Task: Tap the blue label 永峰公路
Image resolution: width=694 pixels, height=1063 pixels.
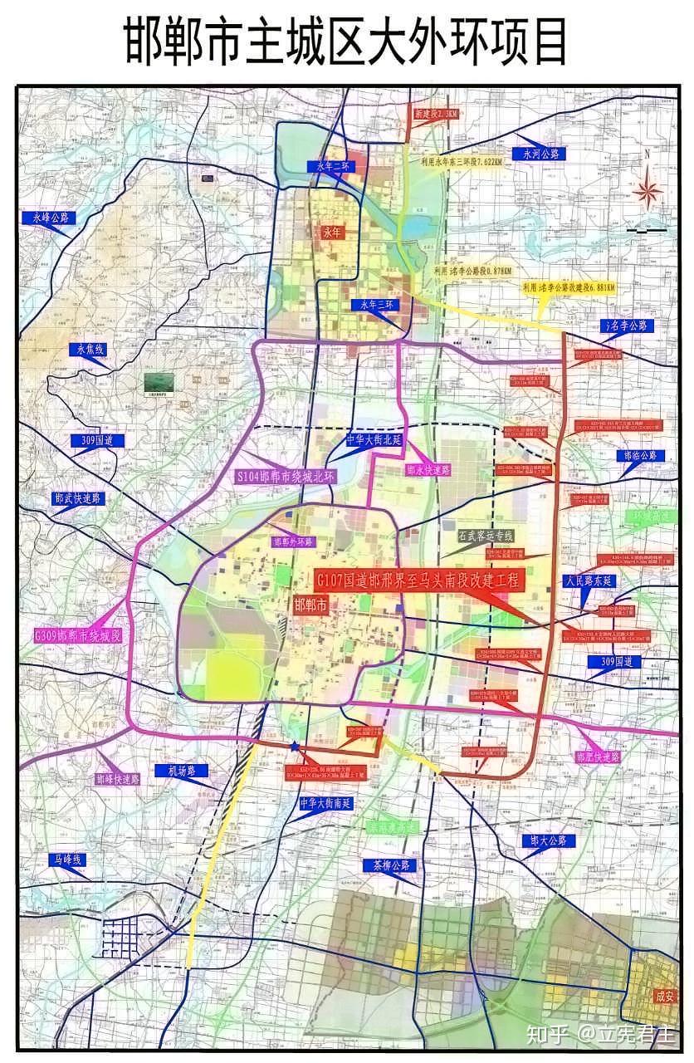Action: coord(50,218)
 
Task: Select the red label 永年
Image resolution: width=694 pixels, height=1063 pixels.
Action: coord(332,232)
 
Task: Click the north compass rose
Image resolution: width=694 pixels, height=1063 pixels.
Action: coord(647,190)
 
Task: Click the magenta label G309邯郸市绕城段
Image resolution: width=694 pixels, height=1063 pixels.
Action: coord(78,635)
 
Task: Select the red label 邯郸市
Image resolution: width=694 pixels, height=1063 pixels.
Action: coord(312,605)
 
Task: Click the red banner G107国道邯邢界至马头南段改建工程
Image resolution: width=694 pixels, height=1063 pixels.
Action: coord(420,580)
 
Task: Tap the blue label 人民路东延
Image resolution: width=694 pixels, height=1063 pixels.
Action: coord(589,580)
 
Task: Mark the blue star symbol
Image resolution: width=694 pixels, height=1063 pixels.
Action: coord(295,747)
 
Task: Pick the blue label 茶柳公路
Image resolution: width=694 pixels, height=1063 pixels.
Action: coord(388,865)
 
